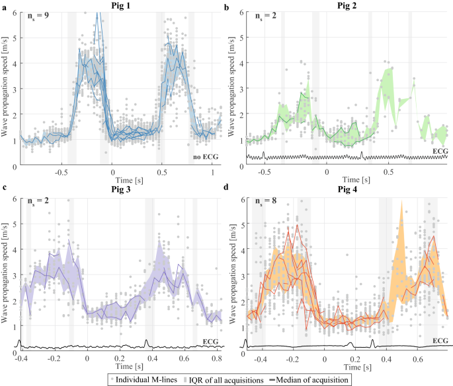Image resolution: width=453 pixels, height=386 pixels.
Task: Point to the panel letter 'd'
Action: [229, 191]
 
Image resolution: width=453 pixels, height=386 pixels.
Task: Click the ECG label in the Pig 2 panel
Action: [440, 150]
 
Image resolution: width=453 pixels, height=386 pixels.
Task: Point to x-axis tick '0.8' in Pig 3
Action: [215, 358]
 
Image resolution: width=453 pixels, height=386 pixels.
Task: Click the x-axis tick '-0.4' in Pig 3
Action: [22, 358]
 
